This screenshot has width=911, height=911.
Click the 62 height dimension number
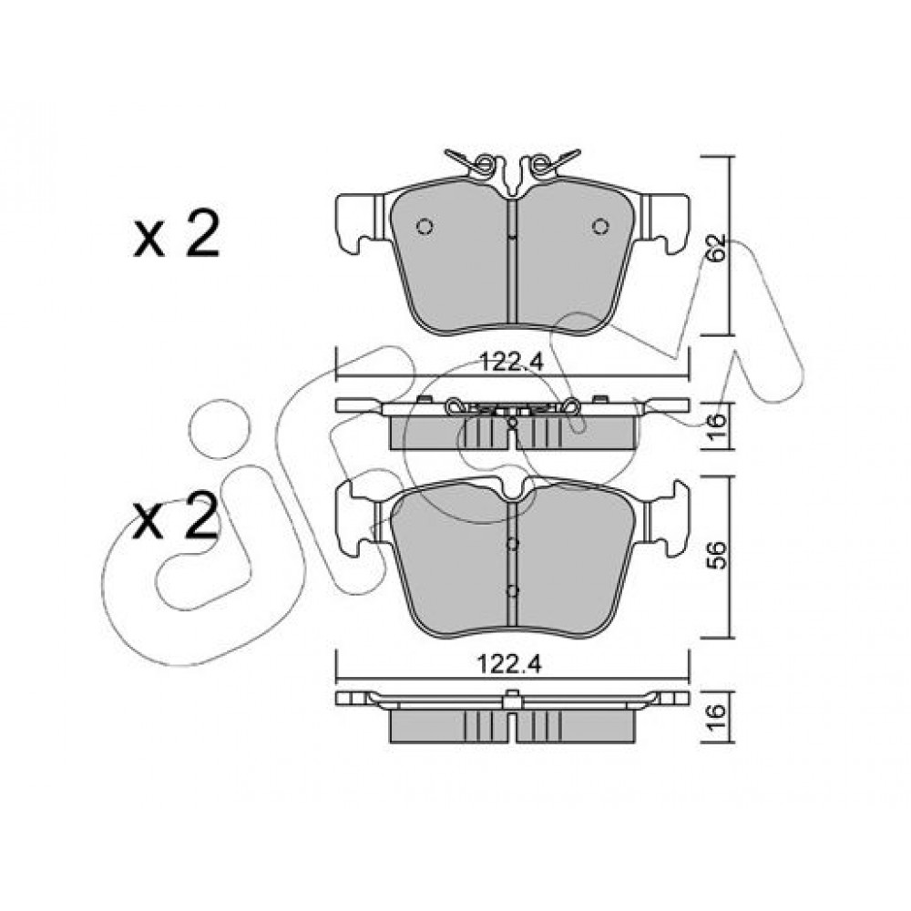pyautogui.click(x=718, y=249)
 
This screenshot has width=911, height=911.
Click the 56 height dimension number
pyautogui.click(x=718, y=556)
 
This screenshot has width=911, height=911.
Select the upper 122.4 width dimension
pyautogui.click(x=511, y=363)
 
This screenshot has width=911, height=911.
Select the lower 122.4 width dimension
pyautogui.click(x=509, y=663)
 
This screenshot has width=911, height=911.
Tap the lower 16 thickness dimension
pyautogui.click(x=718, y=718)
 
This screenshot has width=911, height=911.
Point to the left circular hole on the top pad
pyautogui.click(x=425, y=225)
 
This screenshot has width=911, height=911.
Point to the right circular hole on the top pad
pyautogui.click(x=600, y=225)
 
